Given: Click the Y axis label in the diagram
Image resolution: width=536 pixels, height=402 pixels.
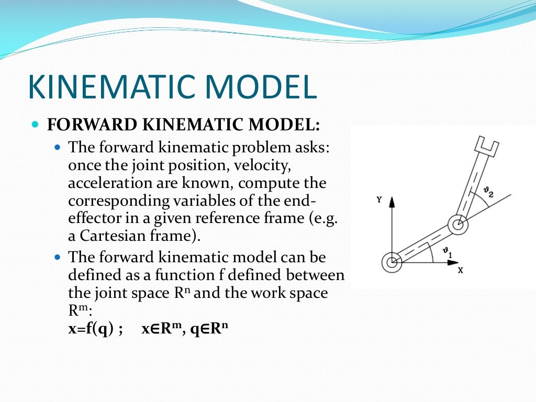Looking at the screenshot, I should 378,199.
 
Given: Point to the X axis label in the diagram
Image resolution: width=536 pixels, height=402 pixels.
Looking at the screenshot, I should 461,271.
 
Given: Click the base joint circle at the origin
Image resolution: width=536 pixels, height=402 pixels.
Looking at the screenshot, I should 392,262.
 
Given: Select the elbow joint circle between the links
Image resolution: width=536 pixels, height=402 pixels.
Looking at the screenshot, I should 458,226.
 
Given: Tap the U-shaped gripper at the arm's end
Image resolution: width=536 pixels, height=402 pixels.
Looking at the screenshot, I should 487,146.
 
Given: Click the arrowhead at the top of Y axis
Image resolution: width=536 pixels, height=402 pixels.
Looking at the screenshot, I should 392,202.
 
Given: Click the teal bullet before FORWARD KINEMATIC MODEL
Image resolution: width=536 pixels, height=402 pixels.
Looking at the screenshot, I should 36,126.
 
